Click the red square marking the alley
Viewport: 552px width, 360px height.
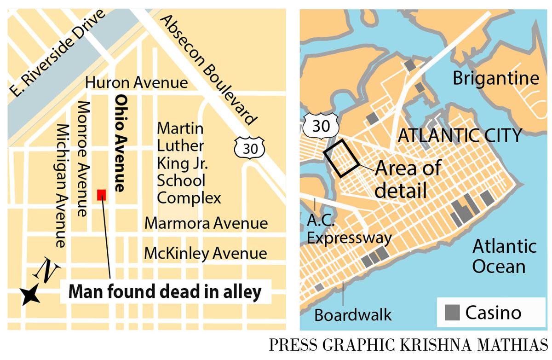(102, 195)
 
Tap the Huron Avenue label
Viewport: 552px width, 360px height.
(137, 83)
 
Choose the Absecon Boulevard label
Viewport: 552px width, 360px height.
(207, 69)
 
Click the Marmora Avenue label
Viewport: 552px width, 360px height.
(206, 224)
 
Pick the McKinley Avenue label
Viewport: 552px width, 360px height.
(205, 253)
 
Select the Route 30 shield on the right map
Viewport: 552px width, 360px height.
(321, 126)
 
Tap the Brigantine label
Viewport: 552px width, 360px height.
(495, 78)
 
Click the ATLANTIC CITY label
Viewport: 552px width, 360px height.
(460, 136)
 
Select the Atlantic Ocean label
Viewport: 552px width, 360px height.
(504, 256)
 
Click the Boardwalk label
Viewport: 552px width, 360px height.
(353, 315)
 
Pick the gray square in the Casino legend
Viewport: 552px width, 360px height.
(452, 313)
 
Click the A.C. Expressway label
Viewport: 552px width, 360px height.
(349, 230)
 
